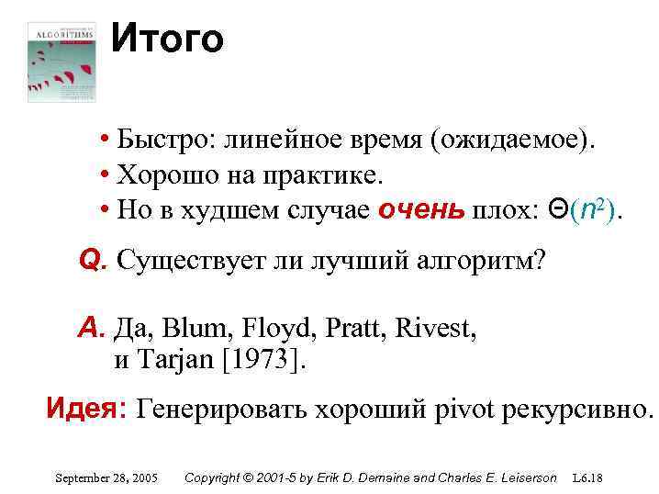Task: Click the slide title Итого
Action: pyautogui.click(x=167, y=39)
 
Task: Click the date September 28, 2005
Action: pyautogui.click(x=106, y=478)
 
